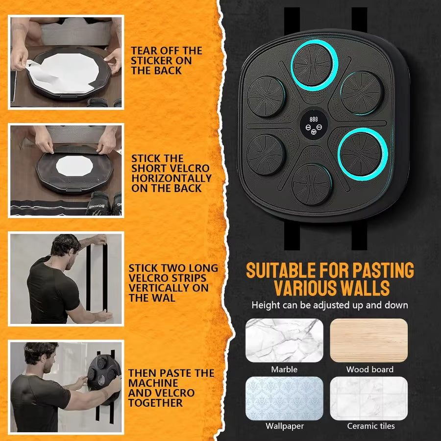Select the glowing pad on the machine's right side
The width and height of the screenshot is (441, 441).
363,153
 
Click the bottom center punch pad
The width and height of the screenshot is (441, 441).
312,184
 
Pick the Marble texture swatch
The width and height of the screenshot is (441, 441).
284,341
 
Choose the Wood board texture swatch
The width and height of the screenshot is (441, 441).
369,341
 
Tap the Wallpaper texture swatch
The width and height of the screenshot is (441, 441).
284,398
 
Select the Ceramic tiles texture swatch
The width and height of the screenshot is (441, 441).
369,398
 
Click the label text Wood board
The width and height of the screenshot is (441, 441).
369,369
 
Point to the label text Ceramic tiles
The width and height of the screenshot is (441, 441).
371,426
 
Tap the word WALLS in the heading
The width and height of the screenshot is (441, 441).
364,287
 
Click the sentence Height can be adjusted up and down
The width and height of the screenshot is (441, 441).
329,305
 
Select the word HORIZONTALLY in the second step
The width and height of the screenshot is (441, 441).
171,178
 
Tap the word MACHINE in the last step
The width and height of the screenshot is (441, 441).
153,383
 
